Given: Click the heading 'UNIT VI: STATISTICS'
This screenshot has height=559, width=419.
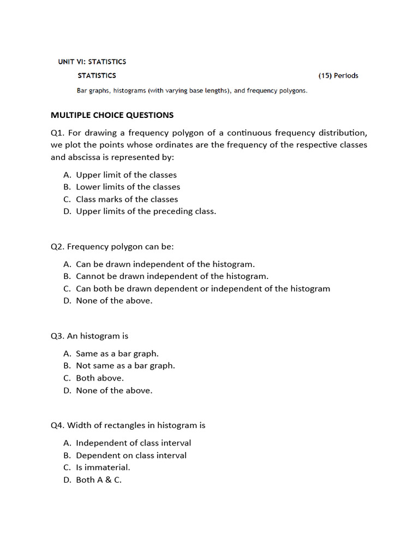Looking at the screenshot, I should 92,62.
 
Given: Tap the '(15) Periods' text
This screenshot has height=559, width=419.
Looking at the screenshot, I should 338,76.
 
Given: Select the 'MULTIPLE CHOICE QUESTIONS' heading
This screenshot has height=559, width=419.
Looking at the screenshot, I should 112,115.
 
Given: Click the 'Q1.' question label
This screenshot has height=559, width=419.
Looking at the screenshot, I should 58,133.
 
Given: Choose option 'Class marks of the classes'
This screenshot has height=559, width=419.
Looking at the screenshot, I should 127,199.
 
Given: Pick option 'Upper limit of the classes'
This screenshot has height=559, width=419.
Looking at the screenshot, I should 126,175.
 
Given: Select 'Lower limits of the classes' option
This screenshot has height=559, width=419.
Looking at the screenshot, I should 128,187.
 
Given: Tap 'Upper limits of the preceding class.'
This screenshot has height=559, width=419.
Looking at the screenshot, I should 146,211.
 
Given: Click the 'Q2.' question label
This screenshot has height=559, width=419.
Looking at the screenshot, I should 58,247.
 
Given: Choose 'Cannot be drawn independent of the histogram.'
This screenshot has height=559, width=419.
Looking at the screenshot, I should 172,276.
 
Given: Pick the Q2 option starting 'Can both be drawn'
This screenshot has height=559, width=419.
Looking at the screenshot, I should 202,288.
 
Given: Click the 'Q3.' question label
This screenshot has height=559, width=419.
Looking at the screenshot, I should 58,336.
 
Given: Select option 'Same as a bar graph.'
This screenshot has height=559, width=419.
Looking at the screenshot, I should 117,354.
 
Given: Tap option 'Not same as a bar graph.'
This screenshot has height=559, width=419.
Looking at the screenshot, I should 125,366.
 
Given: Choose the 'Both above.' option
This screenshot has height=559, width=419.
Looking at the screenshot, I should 100,378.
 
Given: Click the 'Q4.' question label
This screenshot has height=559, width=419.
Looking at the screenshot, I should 58,425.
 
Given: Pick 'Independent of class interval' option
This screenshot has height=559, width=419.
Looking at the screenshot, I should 133,443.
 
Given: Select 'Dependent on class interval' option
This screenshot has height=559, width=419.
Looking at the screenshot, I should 131,455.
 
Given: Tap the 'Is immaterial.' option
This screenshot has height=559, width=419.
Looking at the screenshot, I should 103,467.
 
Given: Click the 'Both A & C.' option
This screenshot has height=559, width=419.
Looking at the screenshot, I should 99,480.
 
